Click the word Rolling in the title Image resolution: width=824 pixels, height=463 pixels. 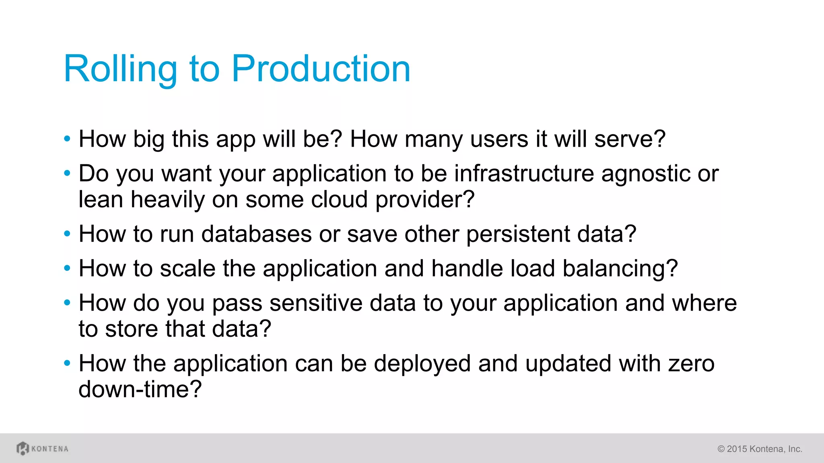pos(120,69)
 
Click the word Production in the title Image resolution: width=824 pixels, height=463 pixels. pos(321,69)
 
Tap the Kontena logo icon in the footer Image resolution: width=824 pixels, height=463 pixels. pos(23,448)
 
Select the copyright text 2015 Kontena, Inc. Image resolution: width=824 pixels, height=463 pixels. pos(760,449)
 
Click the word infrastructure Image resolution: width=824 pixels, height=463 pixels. pos(524,174)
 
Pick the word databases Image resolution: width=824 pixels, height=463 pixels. pos(256,234)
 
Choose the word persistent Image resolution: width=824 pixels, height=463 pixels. pos(518,235)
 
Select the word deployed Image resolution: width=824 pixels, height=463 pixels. pos(422,364)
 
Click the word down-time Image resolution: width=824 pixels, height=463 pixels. pos(140,389)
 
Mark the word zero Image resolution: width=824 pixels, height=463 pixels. pos(691,364)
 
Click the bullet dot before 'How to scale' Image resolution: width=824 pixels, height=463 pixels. pos(67,268)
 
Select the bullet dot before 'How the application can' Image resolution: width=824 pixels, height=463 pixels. pos(67,363)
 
